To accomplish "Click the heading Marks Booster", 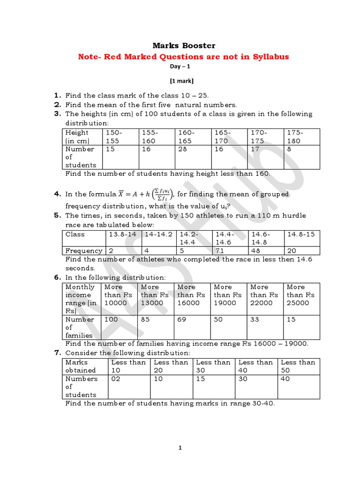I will click(184, 45).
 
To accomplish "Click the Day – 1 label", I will click(184, 66).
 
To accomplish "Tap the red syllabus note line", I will click(183, 57).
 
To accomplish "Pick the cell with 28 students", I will click(182, 149).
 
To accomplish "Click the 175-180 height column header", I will click(295, 136).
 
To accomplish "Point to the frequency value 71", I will click(218, 251).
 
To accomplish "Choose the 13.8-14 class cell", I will click(123, 234).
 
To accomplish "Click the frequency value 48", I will click(256, 251).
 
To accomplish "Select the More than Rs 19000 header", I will click(227, 295).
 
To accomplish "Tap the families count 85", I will click(146, 319).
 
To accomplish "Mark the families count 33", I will click(255, 319).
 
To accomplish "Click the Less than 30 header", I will click(213, 366).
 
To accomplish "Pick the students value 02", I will click(115, 379).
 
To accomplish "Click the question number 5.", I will click(58, 216).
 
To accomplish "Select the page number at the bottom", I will click(180, 448).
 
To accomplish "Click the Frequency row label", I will click(83, 251).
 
